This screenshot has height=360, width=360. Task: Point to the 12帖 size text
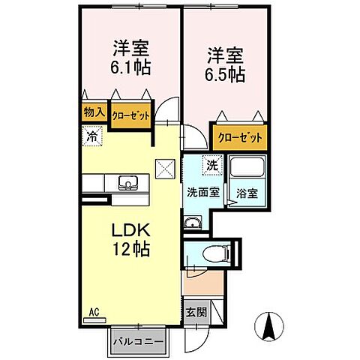[132, 249]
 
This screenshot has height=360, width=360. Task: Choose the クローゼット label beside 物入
[130, 116]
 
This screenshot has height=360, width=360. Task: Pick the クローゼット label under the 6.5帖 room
[240, 137]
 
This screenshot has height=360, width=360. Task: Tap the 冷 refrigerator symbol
[92, 136]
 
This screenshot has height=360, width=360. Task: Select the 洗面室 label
[202, 191]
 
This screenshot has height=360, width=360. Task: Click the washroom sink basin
[192, 221]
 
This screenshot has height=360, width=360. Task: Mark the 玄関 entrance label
[196, 311]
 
